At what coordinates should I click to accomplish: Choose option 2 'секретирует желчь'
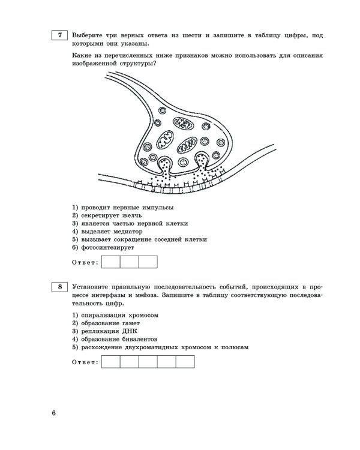coord(109,215)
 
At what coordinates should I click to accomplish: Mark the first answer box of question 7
coord(111,262)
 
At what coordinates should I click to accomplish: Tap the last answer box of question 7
coord(148,262)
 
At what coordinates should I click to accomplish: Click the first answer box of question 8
coord(111,361)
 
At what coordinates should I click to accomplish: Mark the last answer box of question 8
coord(185,361)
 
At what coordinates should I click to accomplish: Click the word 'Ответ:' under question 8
coord(84,362)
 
